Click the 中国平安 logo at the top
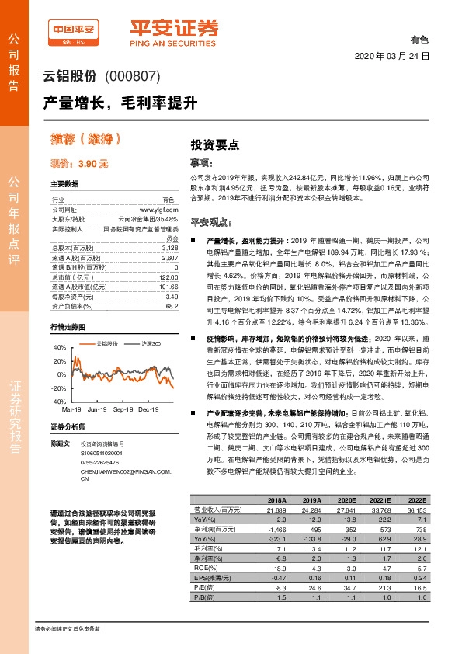(75, 31)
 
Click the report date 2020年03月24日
(391, 57)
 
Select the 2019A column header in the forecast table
(311, 499)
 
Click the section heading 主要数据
(64, 184)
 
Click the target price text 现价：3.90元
(80, 164)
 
